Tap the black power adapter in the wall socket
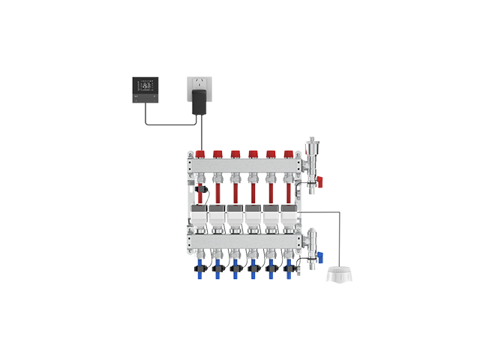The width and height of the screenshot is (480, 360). coord(199,102)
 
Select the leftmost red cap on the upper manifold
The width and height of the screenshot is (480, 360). coord(199,154)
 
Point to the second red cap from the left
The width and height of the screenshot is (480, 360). coord(217,154)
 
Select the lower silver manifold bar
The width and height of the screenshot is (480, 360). coord(244,241)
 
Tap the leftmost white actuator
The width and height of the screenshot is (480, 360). coord(200,217)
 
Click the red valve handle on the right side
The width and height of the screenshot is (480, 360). coord(319,179)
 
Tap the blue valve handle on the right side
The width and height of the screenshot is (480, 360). coord(322,255)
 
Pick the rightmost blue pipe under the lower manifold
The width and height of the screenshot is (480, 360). coord(289,273)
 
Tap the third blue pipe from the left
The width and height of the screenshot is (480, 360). coord(235,273)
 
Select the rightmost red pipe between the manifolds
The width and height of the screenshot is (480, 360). coord(289,192)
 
